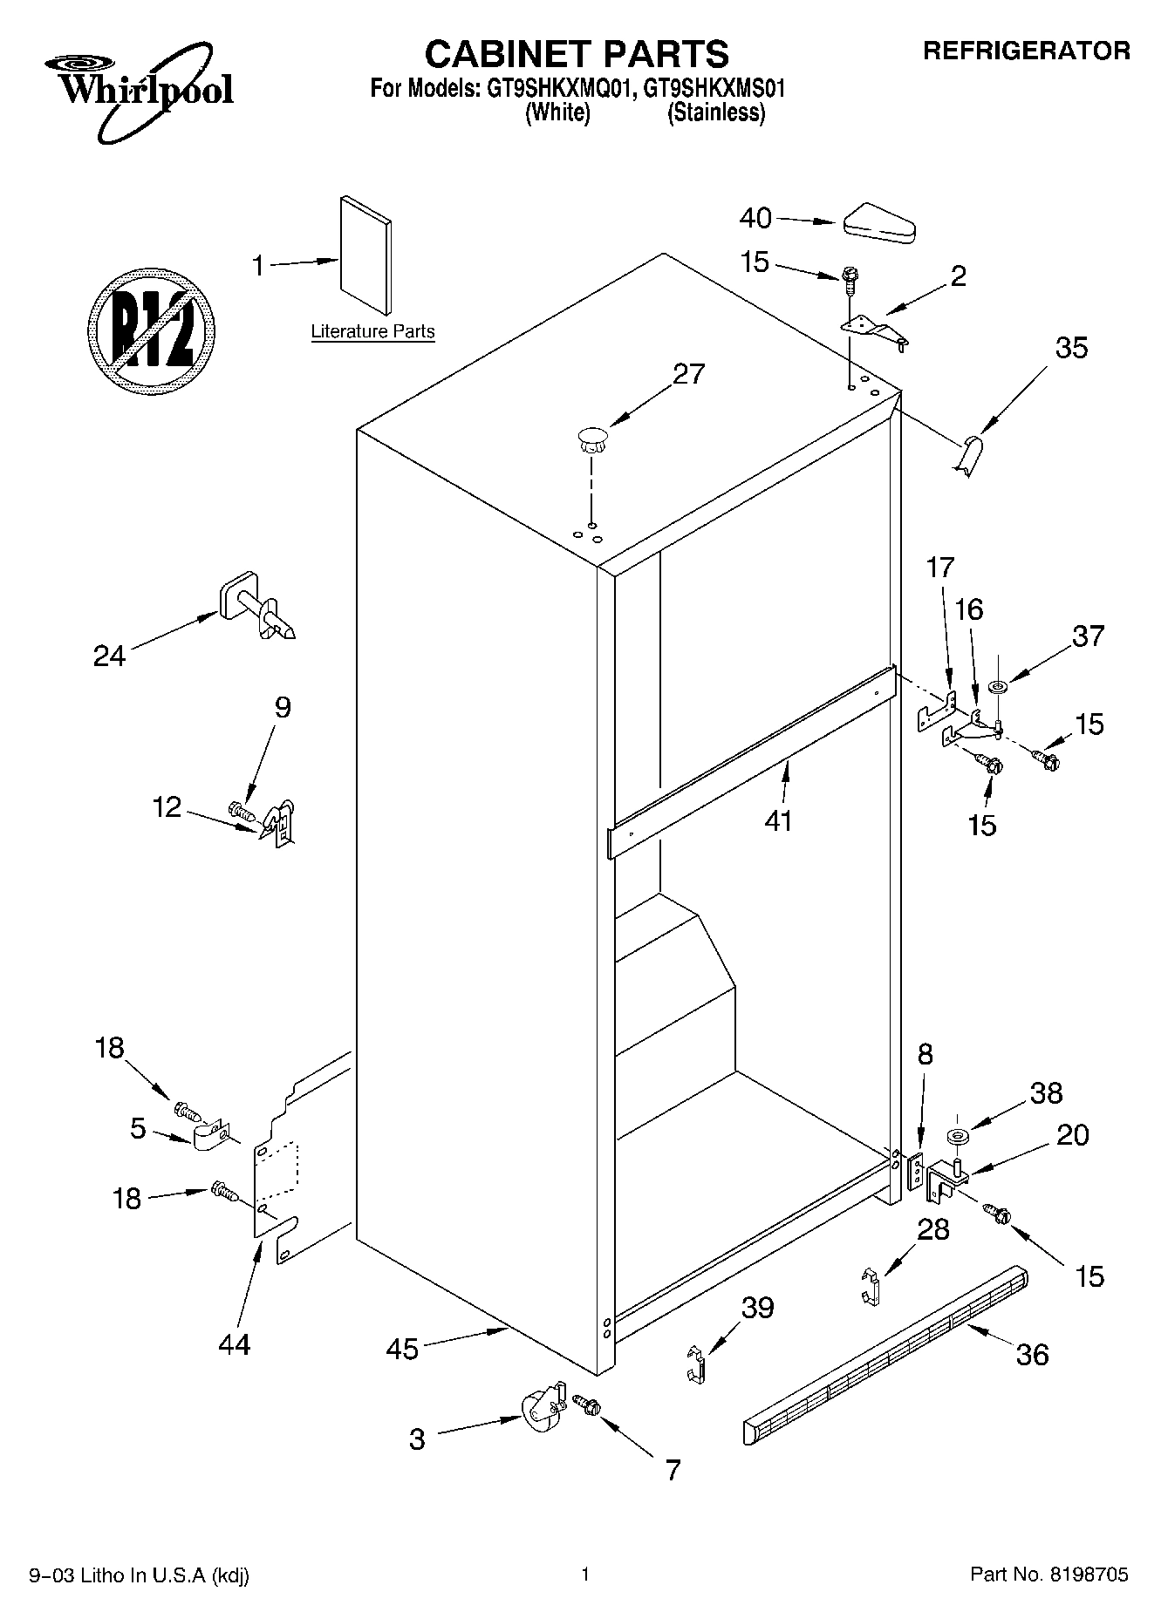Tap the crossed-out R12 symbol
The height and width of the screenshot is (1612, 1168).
(153, 331)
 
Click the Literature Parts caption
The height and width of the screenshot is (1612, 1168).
(372, 331)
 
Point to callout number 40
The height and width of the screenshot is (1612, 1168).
(755, 218)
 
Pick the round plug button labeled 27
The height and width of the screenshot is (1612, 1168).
(591, 439)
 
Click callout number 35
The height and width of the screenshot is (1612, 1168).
(1071, 348)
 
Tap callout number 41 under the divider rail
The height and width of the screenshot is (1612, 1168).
(778, 820)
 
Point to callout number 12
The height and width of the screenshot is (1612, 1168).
(167, 807)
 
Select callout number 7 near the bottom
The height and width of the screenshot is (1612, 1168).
(672, 1470)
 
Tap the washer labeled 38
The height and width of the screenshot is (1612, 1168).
(959, 1138)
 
